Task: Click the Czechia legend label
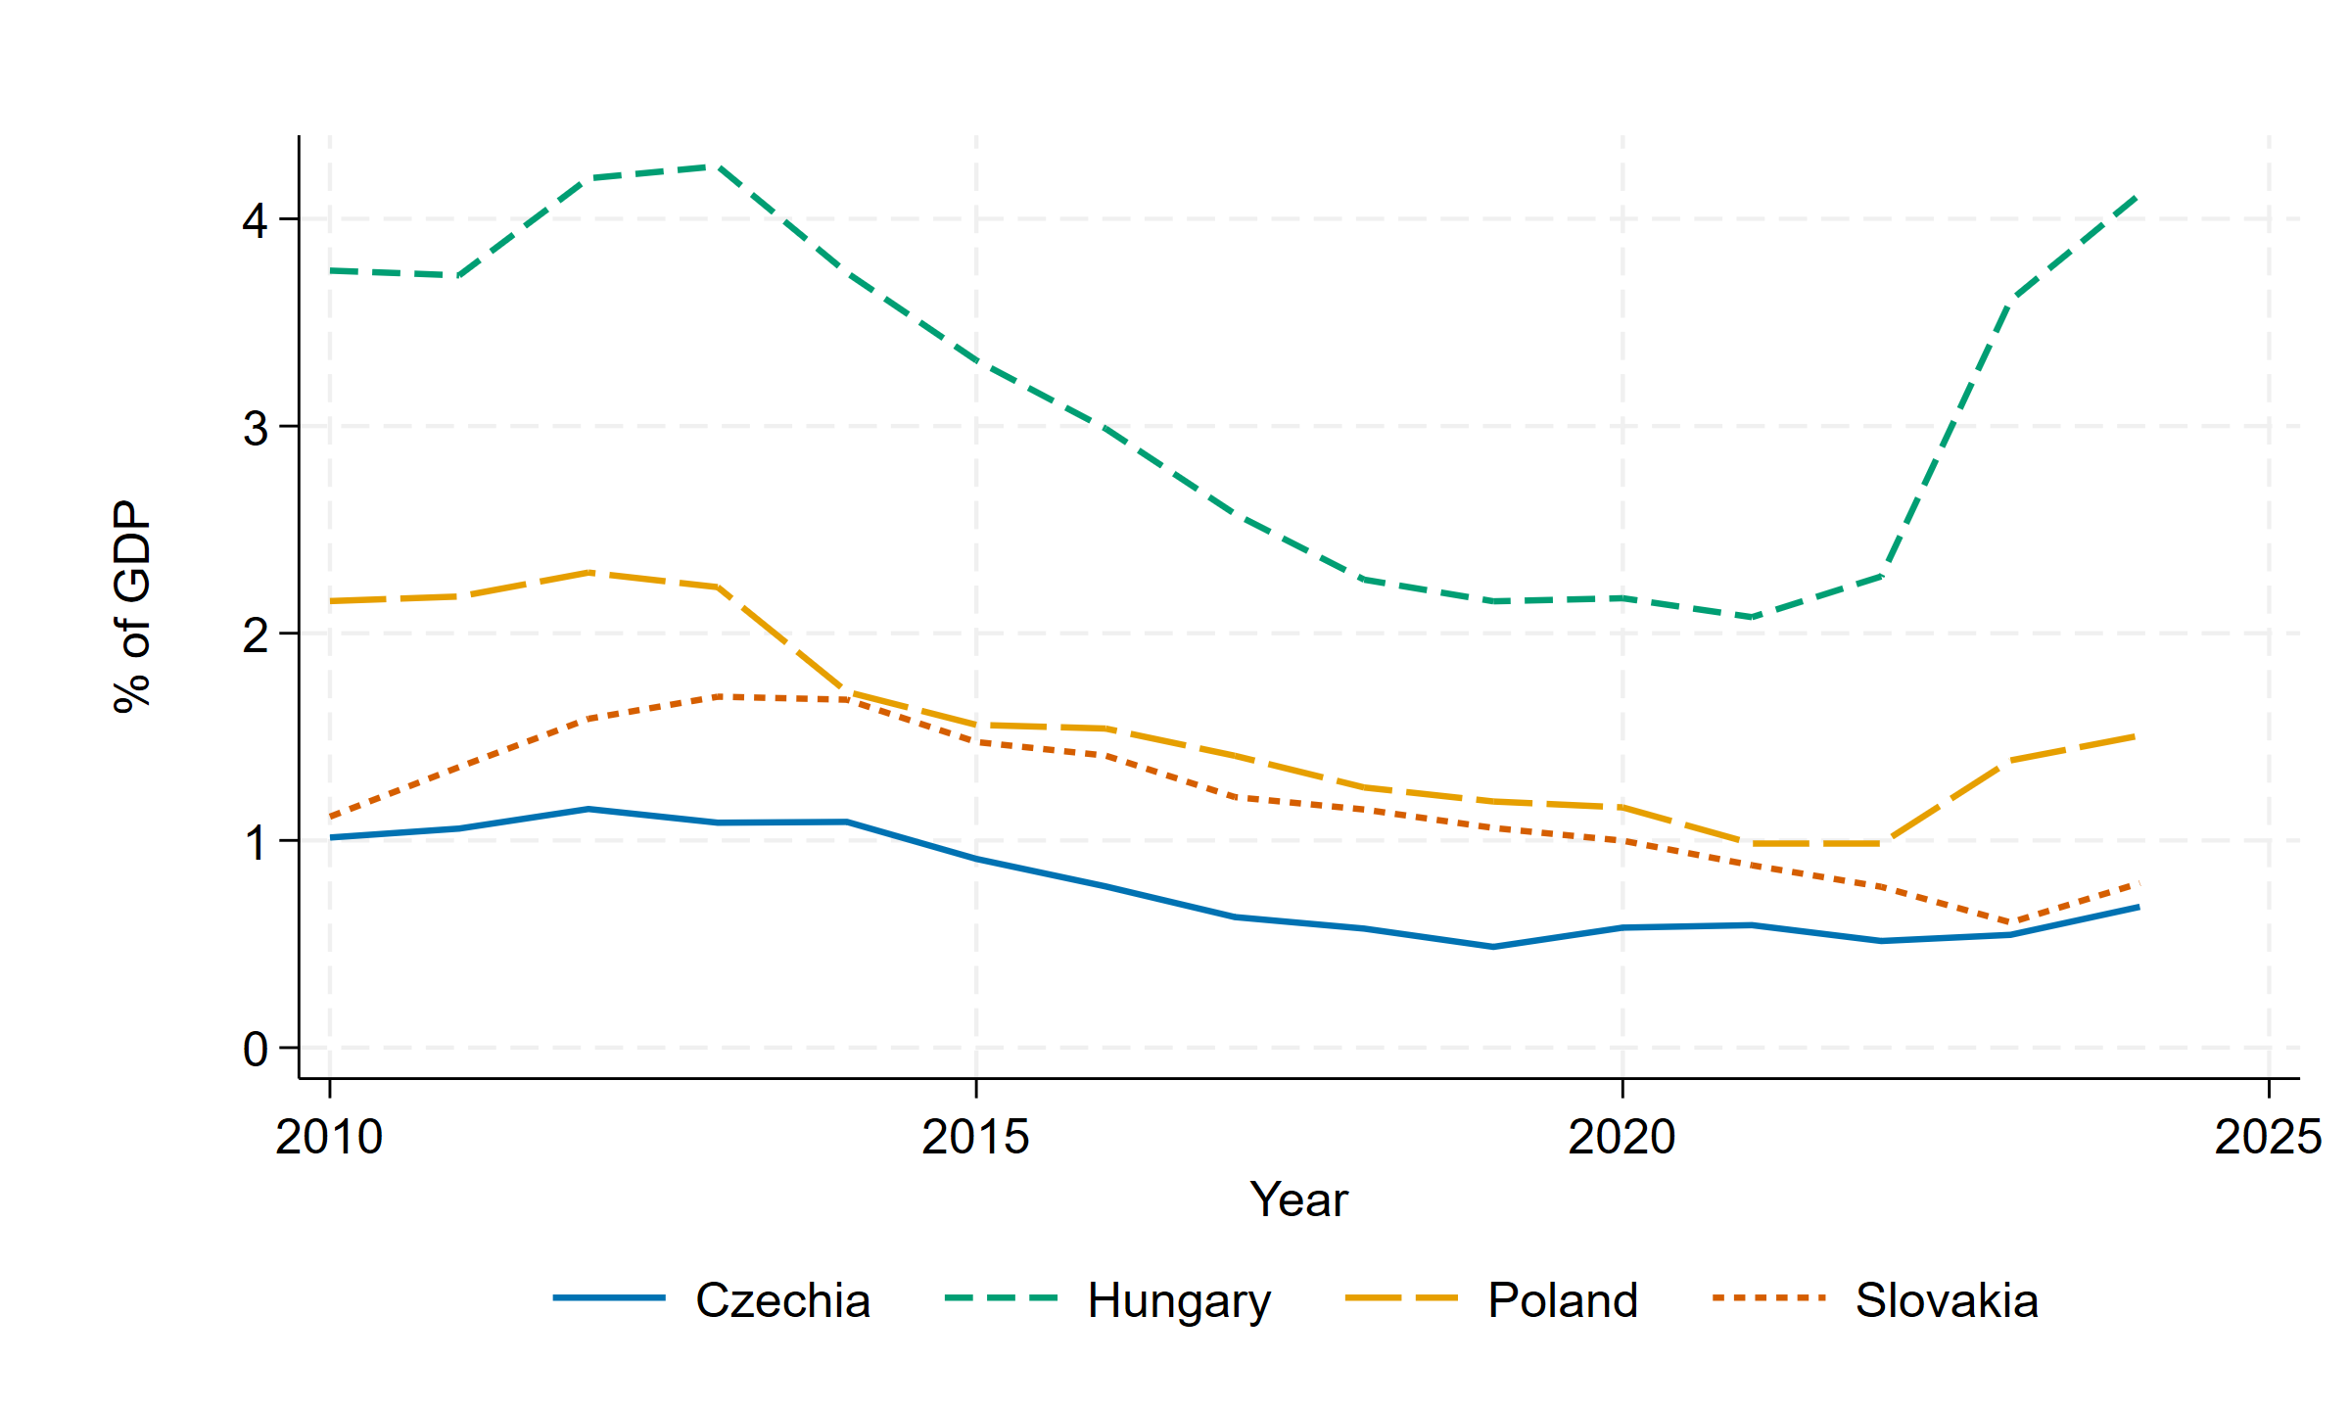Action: click(x=782, y=1300)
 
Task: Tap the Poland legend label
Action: click(x=1563, y=1300)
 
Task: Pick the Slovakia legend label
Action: click(x=1947, y=1300)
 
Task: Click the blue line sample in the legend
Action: click(x=609, y=1298)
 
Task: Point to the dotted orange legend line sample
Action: click(x=1769, y=1298)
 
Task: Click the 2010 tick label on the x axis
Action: click(x=329, y=1137)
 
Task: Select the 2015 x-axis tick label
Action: click(x=975, y=1137)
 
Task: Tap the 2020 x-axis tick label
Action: click(x=1621, y=1137)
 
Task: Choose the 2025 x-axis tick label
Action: click(x=2268, y=1137)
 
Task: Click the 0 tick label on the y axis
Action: click(x=256, y=1049)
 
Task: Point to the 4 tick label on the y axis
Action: click(x=256, y=220)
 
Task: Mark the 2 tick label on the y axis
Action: click(x=256, y=634)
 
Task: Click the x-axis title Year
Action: click(x=1298, y=1199)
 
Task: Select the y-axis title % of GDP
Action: click(x=132, y=607)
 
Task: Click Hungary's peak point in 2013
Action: click(x=718, y=166)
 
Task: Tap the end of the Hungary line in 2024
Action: click(x=2138, y=196)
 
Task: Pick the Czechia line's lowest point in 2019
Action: click(x=1493, y=947)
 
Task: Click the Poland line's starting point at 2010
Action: click(x=330, y=601)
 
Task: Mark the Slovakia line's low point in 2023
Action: click(x=2009, y=922)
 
